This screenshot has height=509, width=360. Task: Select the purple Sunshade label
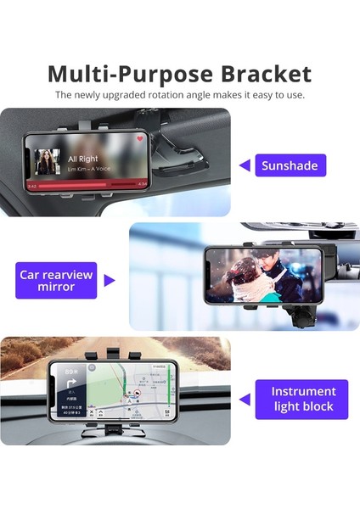[x=289, y=165]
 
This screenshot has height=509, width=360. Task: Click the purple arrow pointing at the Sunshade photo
[x=245, y=165]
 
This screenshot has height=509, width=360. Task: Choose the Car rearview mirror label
[x=55, y=280]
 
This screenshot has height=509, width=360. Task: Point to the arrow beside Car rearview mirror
[x=110, y=280]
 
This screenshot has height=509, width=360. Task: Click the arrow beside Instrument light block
[x=245, y=399]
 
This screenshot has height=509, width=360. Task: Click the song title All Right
[x=82, y=158]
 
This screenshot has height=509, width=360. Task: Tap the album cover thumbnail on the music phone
[x=48, y=161]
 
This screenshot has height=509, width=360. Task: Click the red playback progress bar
[x=85, y=183]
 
